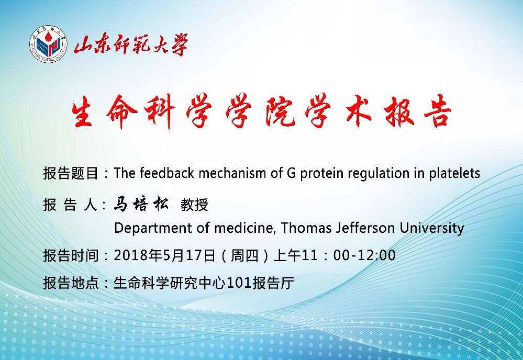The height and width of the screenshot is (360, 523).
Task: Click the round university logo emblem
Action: click(x=48, y=44)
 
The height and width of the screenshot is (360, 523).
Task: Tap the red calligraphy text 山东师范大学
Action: click(x=131, y=44)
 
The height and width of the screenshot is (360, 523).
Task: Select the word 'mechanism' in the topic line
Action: click(x=233, y=173)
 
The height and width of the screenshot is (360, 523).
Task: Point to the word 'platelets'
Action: click(x=454, y=174)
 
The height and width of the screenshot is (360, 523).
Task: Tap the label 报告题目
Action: click(x=71, y=173)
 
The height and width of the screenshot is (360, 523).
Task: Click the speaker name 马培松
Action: click(x=141, y=204)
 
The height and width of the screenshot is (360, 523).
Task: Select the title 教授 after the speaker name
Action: click(x=194, y=205)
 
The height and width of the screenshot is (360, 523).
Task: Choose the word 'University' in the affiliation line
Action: click(x=432, y=229)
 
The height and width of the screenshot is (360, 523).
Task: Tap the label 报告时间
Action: click(x=71, y=256)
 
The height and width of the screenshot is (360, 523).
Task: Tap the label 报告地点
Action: click(x=71, y=283)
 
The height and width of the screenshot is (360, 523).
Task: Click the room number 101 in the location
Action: click(x=239, y=283)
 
